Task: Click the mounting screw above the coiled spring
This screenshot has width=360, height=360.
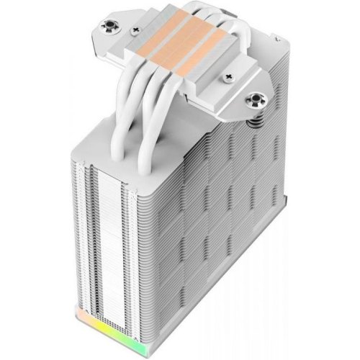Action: pyautogui.click(x=256, y=99)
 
